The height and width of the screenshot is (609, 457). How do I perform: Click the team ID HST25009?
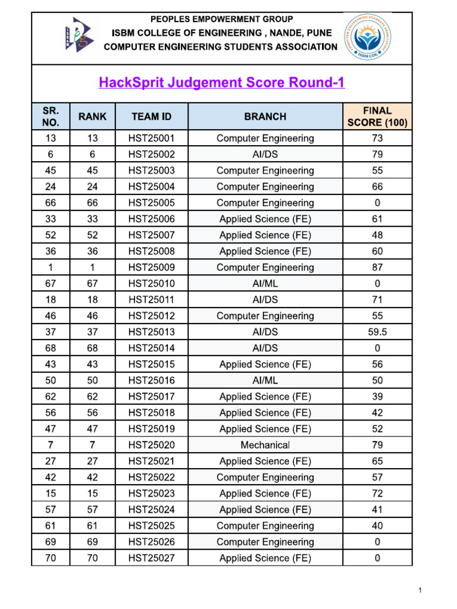tap(152, 268)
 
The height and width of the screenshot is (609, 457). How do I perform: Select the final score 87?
tap(377, 268)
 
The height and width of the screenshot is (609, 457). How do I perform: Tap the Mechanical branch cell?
tap(265, 445)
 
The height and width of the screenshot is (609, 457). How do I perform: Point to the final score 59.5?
tap(377, 332)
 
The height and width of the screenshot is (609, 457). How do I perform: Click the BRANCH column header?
tap(265, 117)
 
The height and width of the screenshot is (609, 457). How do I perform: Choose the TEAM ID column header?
tap(152, 117)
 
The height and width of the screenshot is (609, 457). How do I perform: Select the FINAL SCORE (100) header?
tap(377, 117)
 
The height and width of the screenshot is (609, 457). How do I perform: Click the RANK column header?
tap(92, 117)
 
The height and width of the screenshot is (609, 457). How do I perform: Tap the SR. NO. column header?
tap(51, 117)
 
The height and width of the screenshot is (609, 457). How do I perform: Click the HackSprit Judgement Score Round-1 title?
tap(221, 83)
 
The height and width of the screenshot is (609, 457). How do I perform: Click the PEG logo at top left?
tap(79, 34)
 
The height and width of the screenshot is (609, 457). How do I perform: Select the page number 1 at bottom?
tap(420, 590)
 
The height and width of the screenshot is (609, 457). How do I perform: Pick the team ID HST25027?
tap(152, 558)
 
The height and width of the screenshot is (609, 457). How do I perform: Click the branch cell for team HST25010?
tap(265, 284)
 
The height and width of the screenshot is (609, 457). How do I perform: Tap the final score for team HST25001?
tap(377, 139)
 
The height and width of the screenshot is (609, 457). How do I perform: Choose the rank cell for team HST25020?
tap(92, 445)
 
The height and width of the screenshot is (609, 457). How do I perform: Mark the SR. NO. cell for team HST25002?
tap(51, 155)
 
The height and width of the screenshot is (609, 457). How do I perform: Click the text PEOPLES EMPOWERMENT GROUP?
tap(221, 20)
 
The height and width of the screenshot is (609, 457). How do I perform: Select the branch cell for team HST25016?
tap(265, 380)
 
